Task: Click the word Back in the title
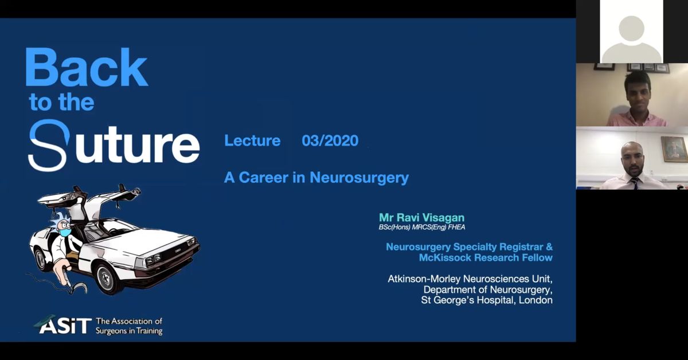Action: (86, 69)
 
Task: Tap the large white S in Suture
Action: (49, 146)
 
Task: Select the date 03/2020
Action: (330, 141)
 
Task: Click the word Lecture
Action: (252, 141)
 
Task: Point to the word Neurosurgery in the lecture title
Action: (359, 178)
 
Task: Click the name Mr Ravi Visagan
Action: (421, 218)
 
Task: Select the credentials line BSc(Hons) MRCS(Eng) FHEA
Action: (421, 228)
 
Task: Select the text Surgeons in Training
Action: (129, 331)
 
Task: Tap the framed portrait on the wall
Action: (674, 148)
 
